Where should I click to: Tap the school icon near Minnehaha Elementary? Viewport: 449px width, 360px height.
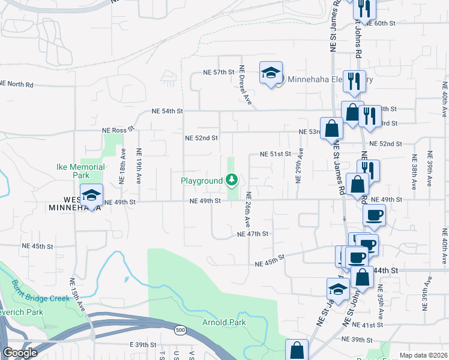(271, 73)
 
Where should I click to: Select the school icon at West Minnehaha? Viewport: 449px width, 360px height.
(91, 196)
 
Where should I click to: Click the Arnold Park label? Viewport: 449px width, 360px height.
(223, 322)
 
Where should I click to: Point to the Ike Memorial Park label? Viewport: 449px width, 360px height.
(80, 171)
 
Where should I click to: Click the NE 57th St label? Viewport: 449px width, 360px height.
(217, 72)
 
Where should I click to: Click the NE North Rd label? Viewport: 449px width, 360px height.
(17, 84)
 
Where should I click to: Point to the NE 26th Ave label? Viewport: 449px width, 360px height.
(248, 209)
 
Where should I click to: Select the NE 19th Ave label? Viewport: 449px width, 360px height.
(139, 165)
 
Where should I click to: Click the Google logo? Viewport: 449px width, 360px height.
(20, 353)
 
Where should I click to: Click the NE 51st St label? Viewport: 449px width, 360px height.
(275, 154)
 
